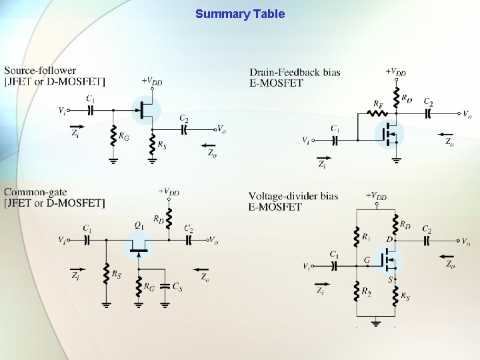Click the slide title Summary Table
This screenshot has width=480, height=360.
tap(239, 13)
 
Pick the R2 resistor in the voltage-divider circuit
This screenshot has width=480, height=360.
tap(355, 293)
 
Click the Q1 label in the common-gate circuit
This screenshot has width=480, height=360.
tap(139, 226)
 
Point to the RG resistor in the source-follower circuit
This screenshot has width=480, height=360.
tap(114, 137)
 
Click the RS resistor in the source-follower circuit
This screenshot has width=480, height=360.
tap(153, 143)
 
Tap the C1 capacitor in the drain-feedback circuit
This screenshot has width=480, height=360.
tap(336, 140)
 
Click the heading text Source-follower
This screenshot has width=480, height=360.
tap(40, 70)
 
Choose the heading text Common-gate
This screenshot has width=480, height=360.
tap(35, 192)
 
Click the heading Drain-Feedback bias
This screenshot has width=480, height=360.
tap(295, 71)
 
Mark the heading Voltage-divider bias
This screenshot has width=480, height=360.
tap(293, 196)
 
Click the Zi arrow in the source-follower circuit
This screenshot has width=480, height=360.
tap(77, 125)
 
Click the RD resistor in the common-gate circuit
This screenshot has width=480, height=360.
tap(169, 217)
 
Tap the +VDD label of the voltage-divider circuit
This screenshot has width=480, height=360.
tap(377, 196)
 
